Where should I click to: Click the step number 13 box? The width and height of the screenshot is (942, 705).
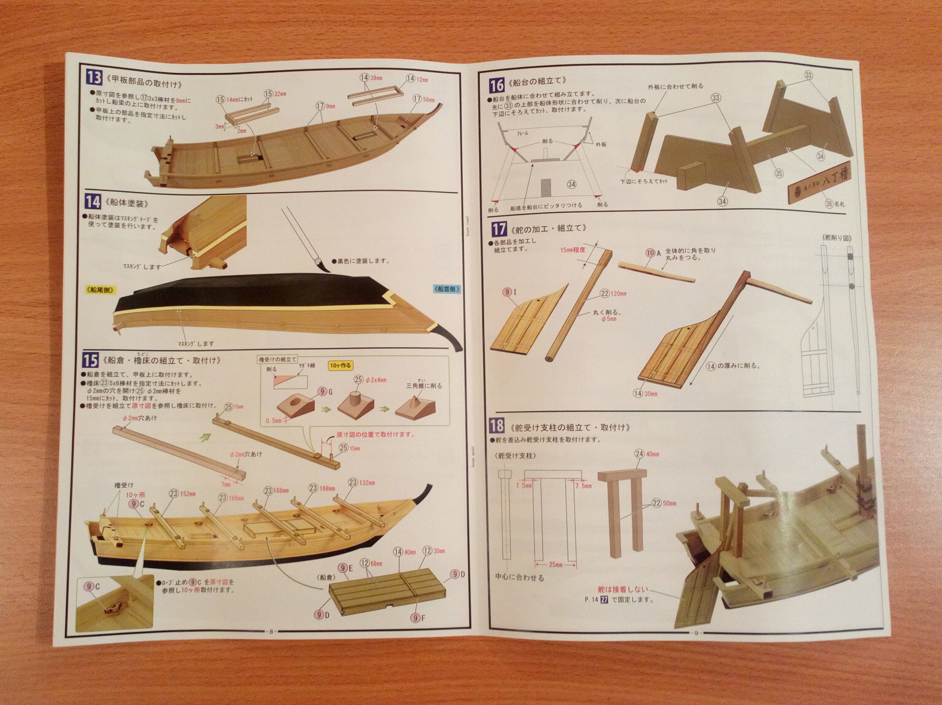click(94, 77)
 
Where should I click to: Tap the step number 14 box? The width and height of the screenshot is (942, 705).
click(93, 201)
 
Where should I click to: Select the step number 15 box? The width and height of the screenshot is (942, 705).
click(90, 360)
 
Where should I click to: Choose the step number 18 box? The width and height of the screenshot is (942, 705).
click(497, 426)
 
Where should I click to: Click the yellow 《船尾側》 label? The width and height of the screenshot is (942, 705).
click(100, 290)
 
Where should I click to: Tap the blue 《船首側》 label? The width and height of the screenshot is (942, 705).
click(447, 289)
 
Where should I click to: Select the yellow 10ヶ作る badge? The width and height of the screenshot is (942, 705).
click(340, 365)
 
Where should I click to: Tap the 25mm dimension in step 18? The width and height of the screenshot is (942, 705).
click(555, 564)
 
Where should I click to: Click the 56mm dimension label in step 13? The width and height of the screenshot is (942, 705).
click(428, 99)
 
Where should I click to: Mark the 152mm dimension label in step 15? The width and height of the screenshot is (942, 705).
click(188, 493)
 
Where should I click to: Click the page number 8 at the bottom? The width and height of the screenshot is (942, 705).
click(271, 631)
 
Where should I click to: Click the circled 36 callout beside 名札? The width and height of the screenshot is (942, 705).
click(829, 203)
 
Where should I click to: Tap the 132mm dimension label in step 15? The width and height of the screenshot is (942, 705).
click(367, 482)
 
